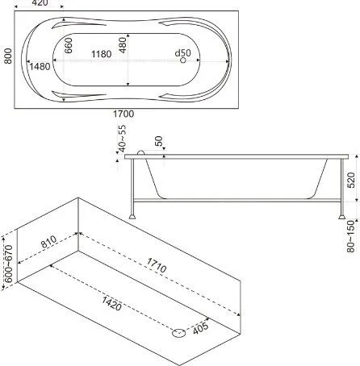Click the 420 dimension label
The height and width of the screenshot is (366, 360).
[x=40, y=3]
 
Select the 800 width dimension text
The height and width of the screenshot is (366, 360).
[x=8, y=56]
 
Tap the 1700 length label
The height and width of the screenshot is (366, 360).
[x=123, y=114]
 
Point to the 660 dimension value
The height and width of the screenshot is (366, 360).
[x=69, y=45]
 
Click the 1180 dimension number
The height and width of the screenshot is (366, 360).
[x=102, y=54]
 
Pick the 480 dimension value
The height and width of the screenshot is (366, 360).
[x=123, y=45]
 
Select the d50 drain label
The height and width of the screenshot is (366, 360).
[x=182, y=52]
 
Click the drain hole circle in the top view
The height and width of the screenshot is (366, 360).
[x=183, y=60]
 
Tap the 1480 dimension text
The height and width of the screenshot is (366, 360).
[x=40, y=66]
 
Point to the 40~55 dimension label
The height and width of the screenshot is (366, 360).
[x=122, y=139]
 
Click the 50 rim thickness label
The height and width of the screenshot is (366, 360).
[x=159, y=141]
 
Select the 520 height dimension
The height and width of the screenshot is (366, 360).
[x=351, y=181]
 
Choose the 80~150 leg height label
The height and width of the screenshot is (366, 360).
[x=351, y=236]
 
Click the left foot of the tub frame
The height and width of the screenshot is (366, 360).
[x=132, y=216]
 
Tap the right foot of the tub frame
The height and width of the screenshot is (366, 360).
[x=342, y=216]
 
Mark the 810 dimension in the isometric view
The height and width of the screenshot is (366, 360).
[x=48, y=241]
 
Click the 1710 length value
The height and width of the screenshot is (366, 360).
[x=157, y=265]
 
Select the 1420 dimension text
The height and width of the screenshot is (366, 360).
[x=111, y=304]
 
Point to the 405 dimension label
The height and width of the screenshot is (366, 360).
[x=200, y=328]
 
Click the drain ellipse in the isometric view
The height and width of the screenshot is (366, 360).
[x=179, y=333]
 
